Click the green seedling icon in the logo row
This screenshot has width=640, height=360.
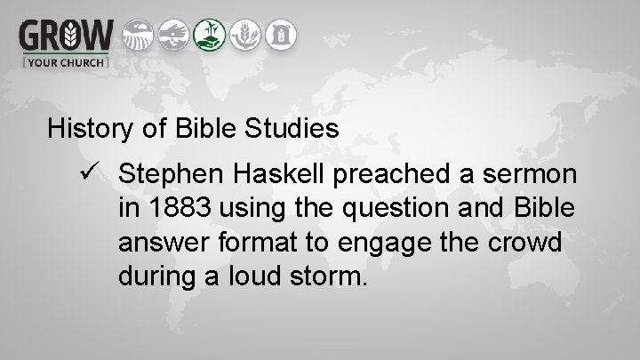209,34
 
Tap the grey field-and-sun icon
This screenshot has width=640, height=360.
137,34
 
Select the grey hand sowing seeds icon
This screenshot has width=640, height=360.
173,34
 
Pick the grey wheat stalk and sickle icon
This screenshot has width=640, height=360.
245,34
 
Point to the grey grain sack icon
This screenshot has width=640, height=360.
281,34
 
